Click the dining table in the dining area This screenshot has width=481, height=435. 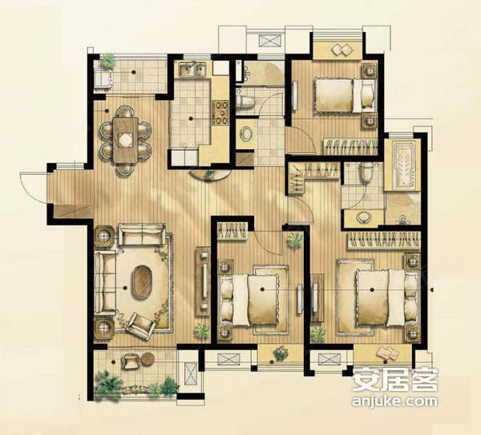coord(124,139)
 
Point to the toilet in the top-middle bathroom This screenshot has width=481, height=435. coord(245,102)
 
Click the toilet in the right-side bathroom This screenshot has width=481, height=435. coord(367,173)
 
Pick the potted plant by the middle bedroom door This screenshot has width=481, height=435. coord(295,240)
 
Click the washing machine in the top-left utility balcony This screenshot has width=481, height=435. coord(103,77)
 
